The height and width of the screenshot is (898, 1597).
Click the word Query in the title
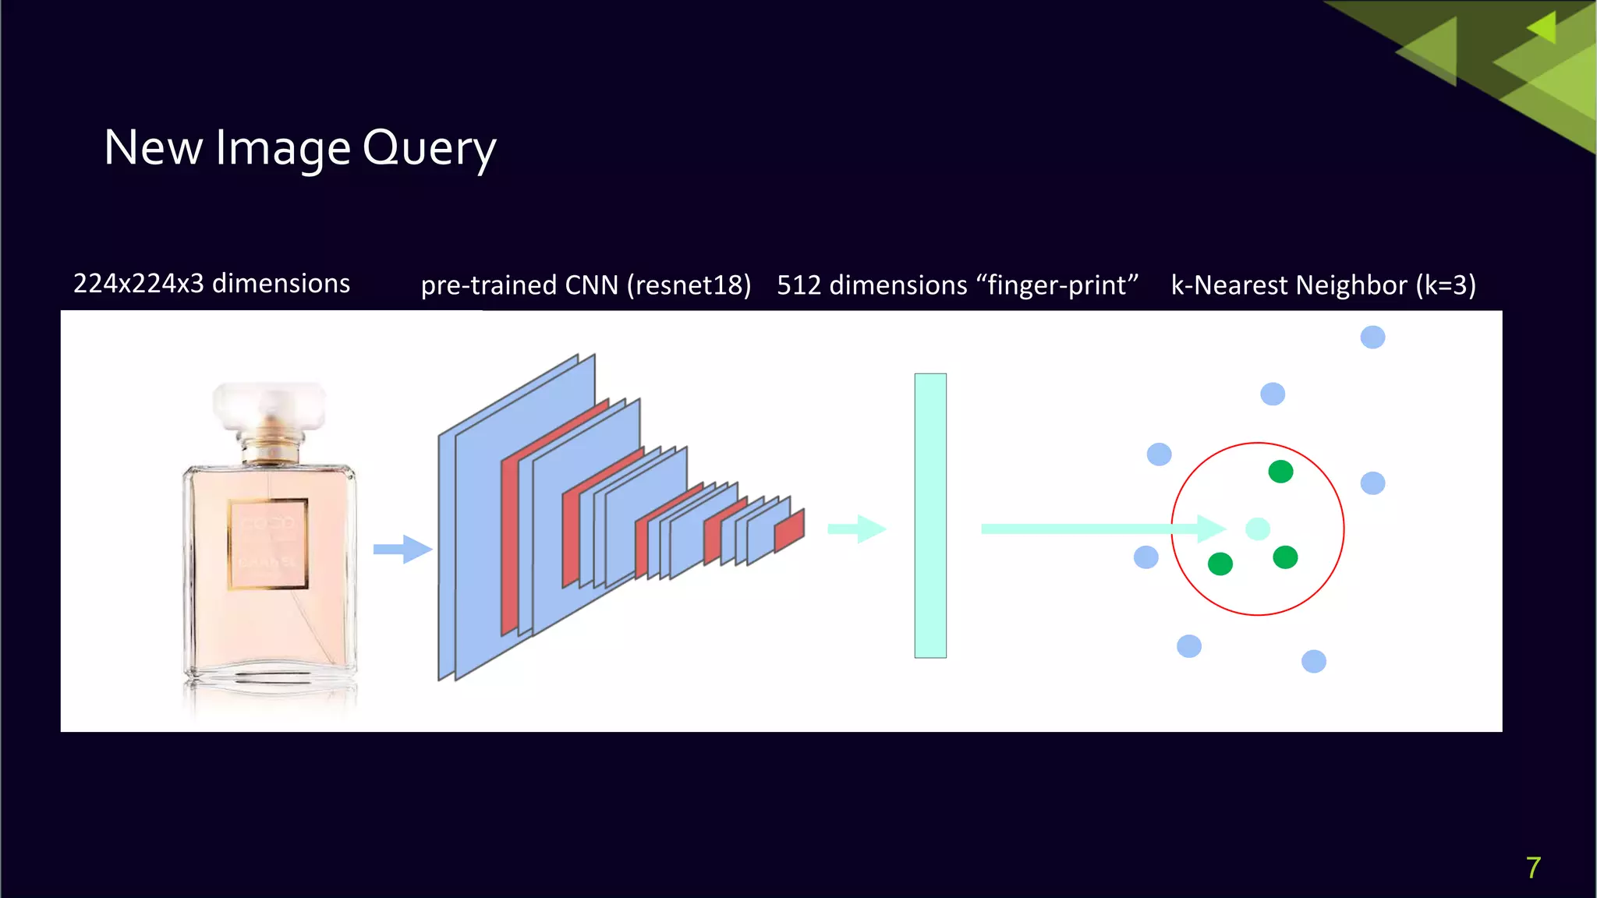pyautogui.click(x=429, y=148)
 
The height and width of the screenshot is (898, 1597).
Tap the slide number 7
pyautogui.click(x=1533, y=868)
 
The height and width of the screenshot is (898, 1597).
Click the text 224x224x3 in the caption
pyautogui.click(x=138, y=283)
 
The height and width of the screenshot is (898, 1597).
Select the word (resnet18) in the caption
pyautogui.click(x=689, y=285)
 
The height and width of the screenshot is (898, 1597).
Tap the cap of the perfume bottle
pyautogui.click(x=269, y=405)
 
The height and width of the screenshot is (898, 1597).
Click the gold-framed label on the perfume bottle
pyautogui.click(x=267, y=543)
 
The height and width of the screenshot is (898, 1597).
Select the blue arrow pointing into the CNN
pyautogui.click(x=402, y=549)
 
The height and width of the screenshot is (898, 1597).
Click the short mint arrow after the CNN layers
pyautogui.click(x=856, y=529)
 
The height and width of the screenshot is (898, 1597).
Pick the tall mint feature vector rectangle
pyautogui.click(x=930, y=515)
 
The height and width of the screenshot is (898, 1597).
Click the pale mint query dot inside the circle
pyautogui.click(x=1257, y=529)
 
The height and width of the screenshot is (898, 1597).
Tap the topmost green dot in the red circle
pyautogui.click(x=1280, y=472)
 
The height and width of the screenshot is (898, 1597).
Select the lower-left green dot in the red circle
pyautogui.click(x=1220, y=564)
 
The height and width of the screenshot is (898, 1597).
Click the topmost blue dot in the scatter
pyautogui.click(x=1372, y=338)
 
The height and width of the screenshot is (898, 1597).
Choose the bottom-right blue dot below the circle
pyautogui.click(x=1314, y=661)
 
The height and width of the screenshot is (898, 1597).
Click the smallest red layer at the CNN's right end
pyautogui.click(x=789, y=531)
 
